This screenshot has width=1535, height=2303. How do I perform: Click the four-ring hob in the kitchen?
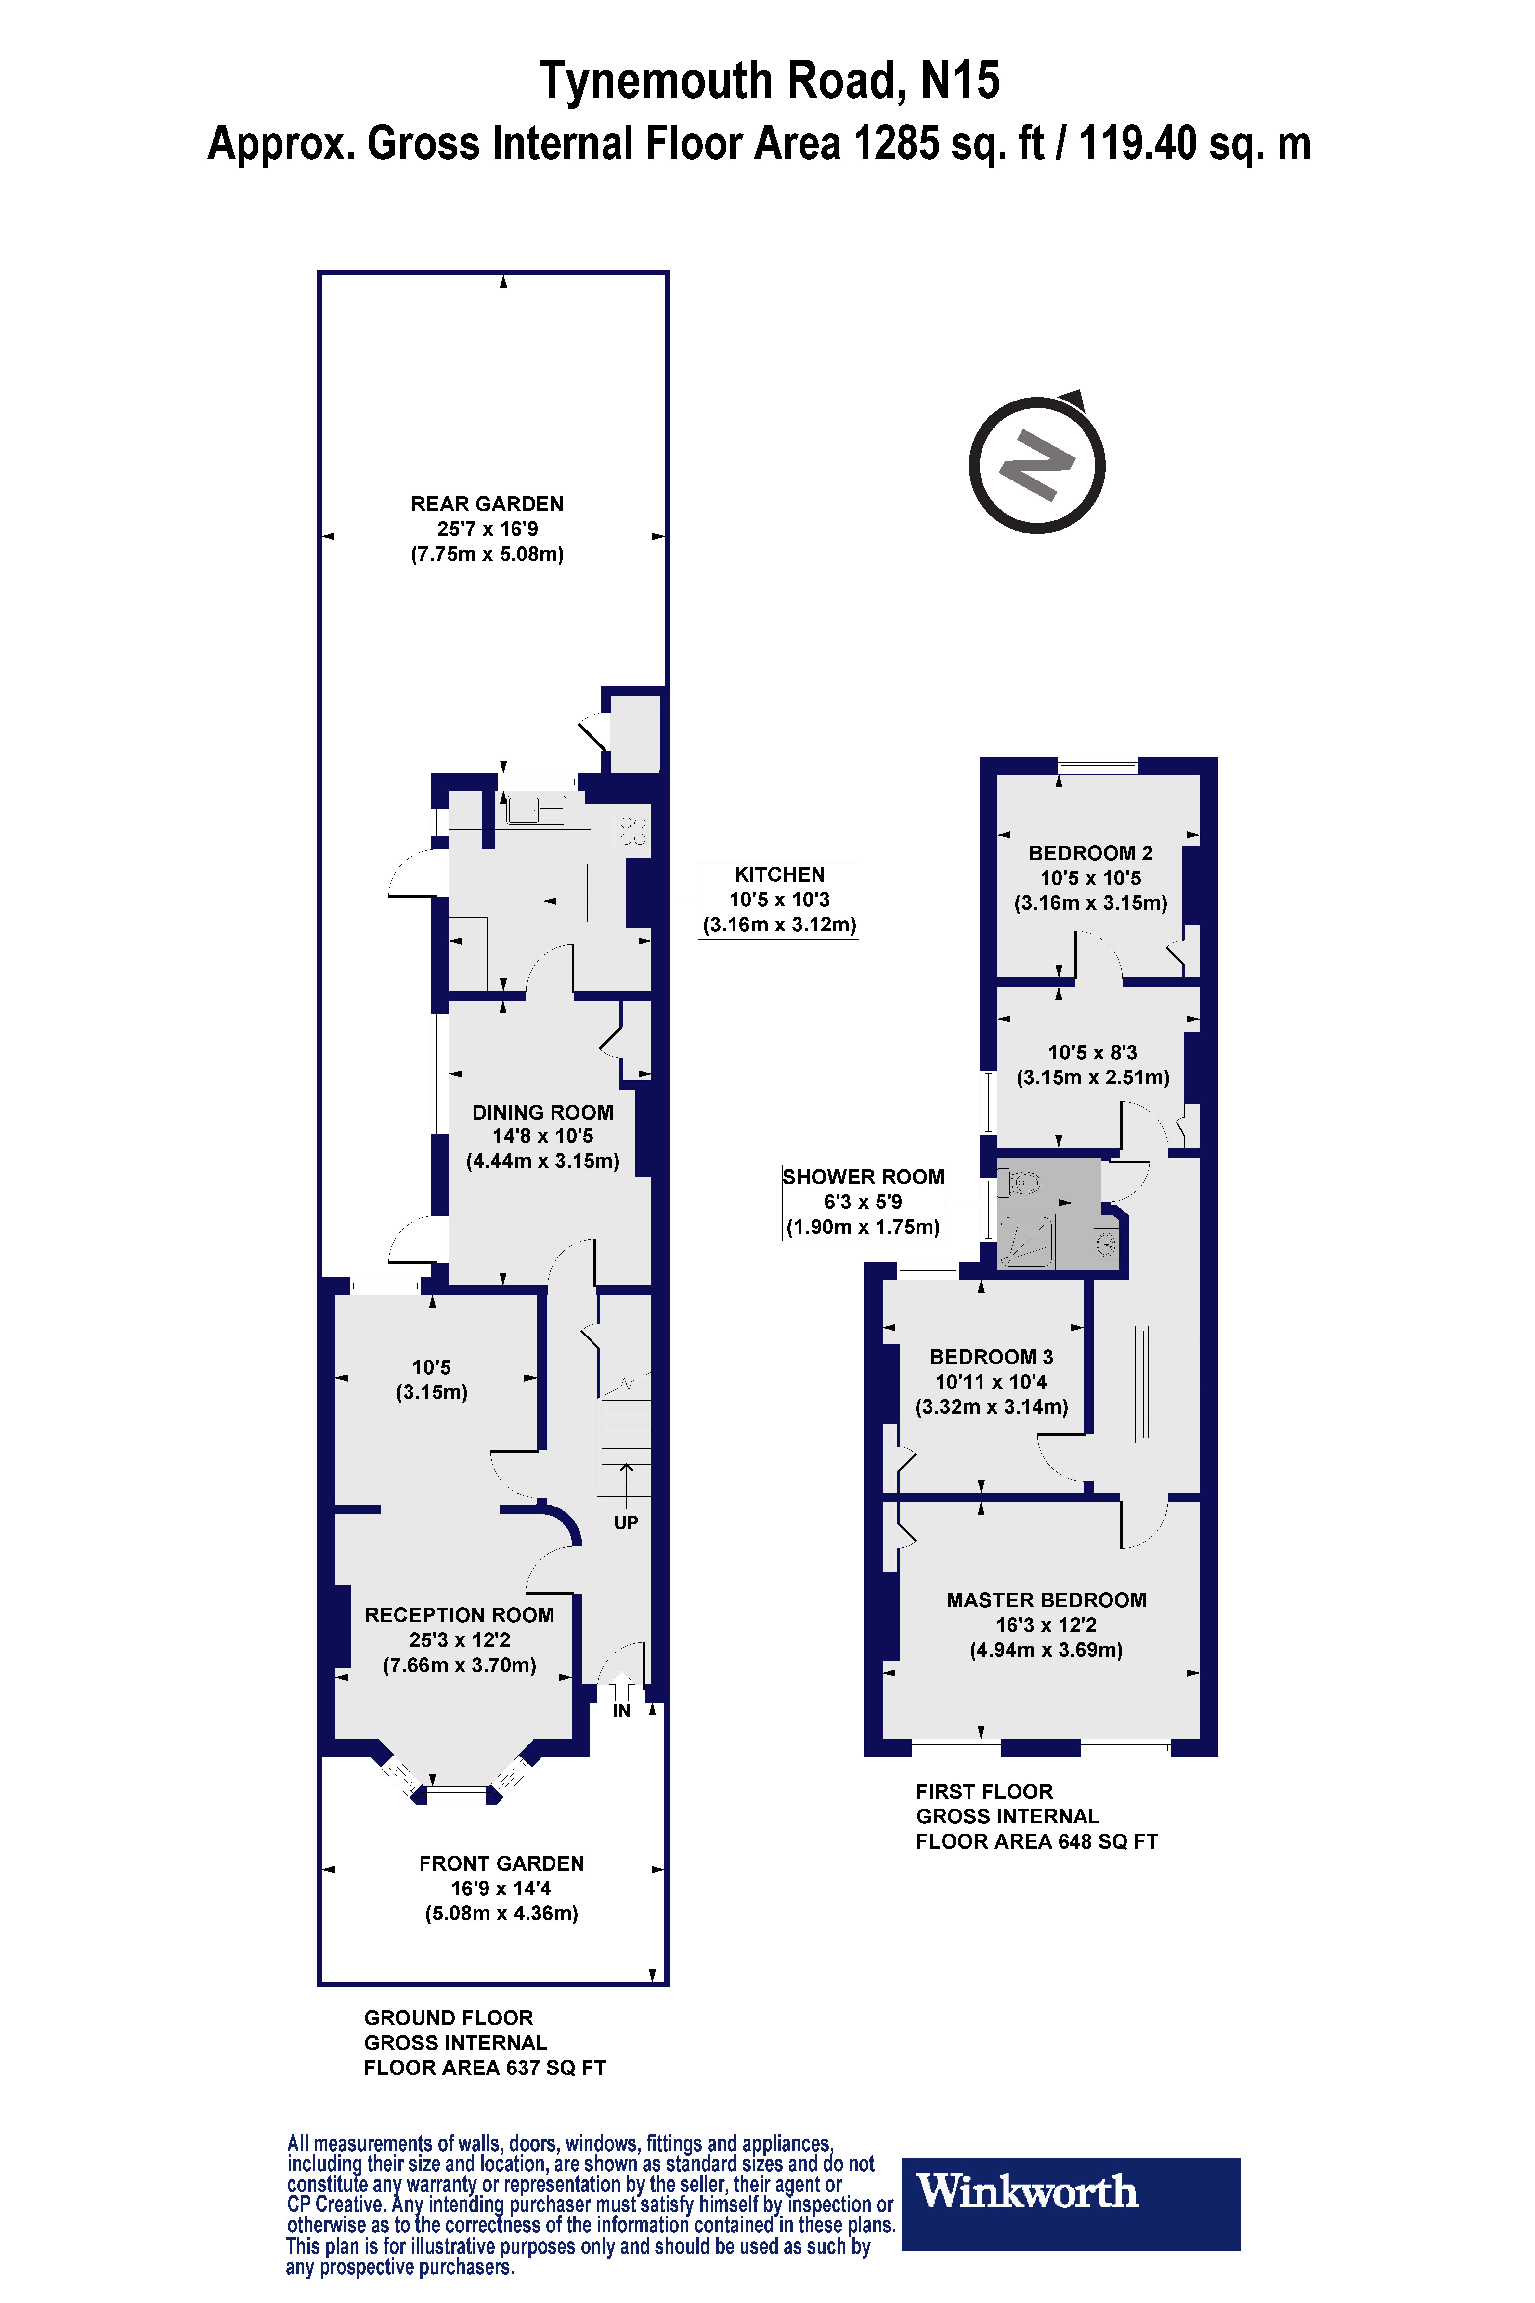click(632, 831)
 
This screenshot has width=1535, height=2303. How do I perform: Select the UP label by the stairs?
click(626, 1523)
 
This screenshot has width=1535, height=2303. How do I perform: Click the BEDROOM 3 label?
click(991, 1357)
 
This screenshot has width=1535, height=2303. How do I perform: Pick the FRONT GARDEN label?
click(501, 1863)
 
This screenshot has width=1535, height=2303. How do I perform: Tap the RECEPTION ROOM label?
click(459, 1616)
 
